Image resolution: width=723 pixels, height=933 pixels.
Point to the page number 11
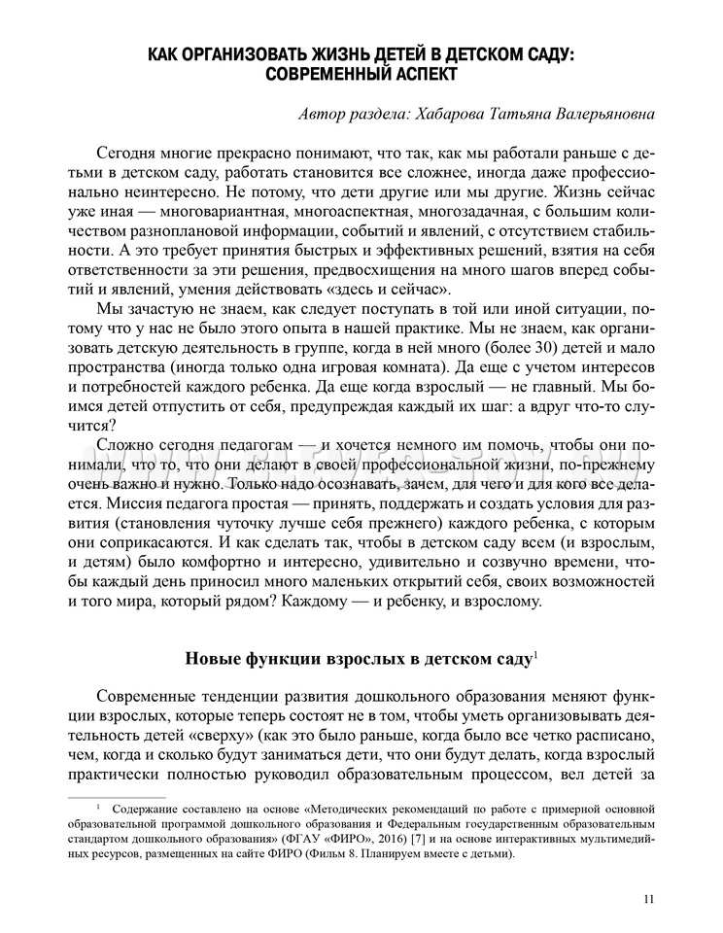tap(648, 899)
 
